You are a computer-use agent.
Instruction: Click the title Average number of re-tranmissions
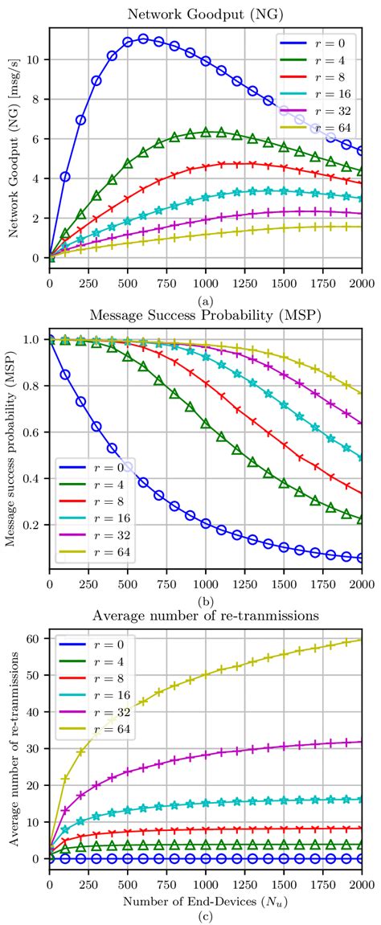[x=206, y=616]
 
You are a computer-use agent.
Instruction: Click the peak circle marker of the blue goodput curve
[x=143, y=39]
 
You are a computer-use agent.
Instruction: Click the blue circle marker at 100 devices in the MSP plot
[x=65, y=375]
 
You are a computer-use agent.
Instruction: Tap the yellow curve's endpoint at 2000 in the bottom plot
[x=362, y=640]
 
